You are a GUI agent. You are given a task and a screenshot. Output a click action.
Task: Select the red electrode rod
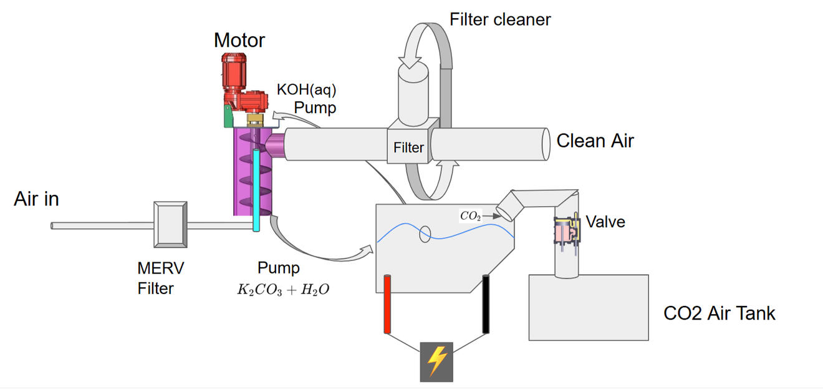point(387,304)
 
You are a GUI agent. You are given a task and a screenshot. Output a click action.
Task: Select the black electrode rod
point(486,304)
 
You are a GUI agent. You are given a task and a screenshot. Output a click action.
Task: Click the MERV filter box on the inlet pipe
point(169,222)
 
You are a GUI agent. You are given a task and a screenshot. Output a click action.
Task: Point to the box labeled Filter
point(408,145)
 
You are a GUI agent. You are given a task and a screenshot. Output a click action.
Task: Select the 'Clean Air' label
point(595,140)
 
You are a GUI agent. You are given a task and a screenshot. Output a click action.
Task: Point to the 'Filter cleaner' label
point(500,19)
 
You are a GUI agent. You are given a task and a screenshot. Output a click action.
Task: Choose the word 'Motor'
point(239,41)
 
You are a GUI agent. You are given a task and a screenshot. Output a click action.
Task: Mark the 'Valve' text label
point(605,221)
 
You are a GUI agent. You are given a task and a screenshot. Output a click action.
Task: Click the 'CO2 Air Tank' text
point(720,313)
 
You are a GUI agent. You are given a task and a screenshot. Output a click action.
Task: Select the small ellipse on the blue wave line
point(425,234)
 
